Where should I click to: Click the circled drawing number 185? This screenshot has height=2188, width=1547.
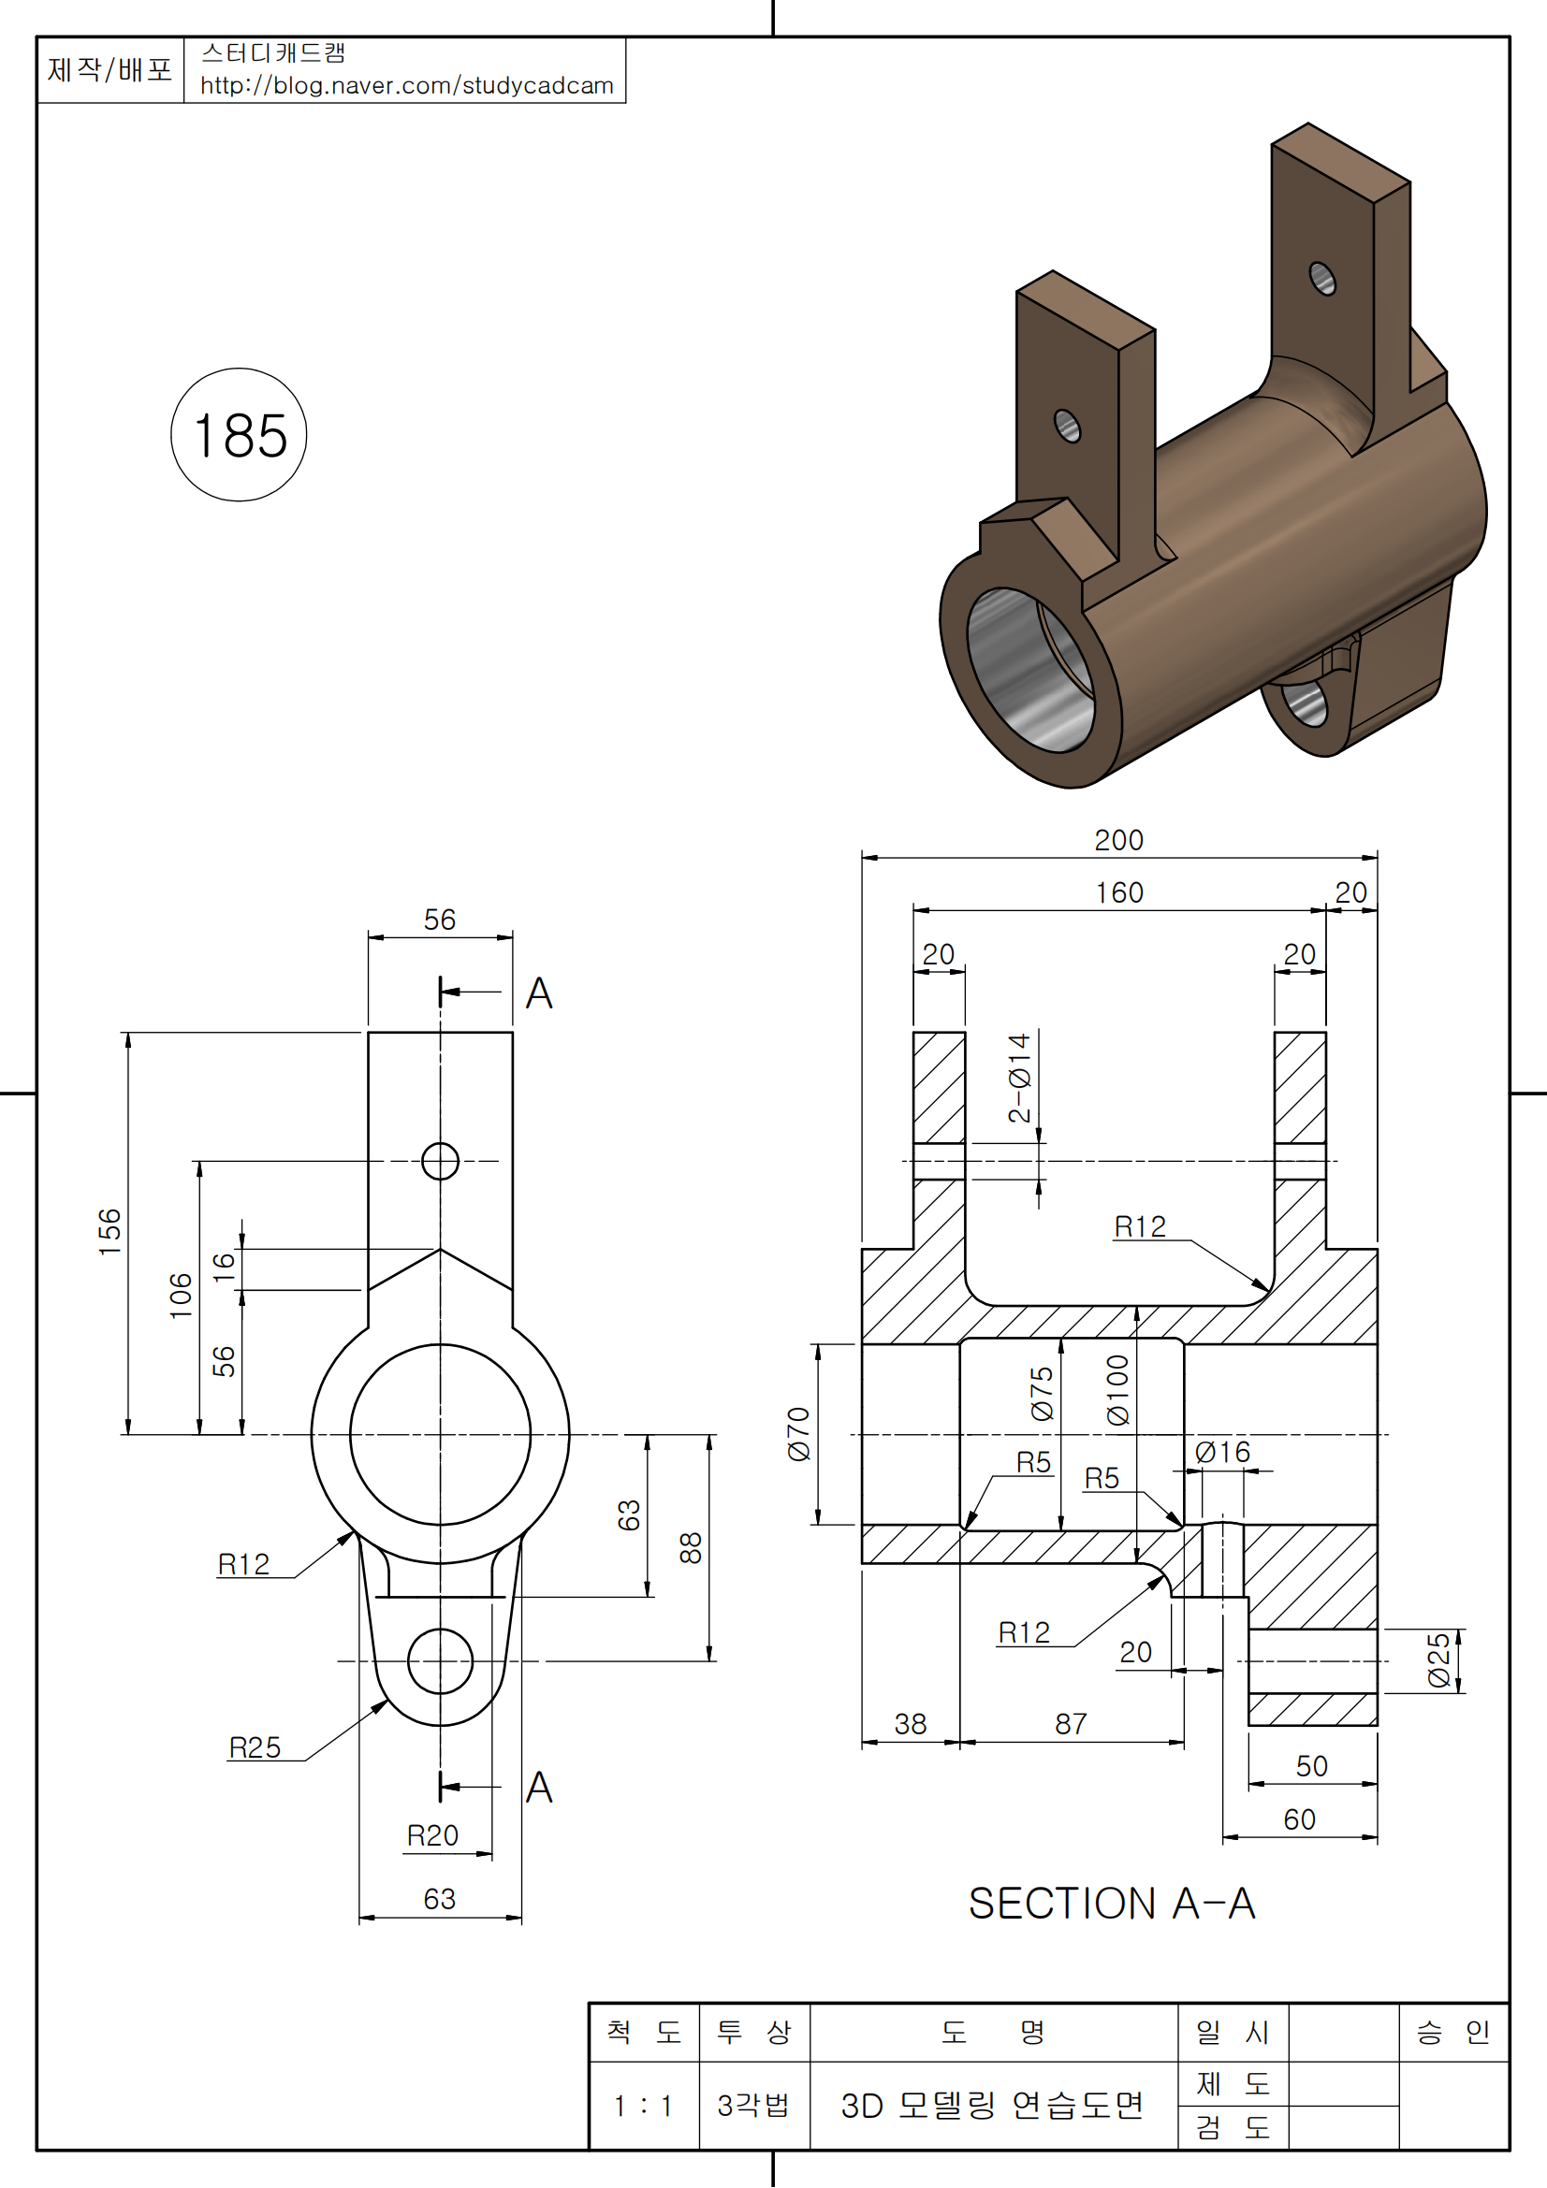click(x=240, y=436)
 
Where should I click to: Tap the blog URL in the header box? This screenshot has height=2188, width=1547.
click(x=406, y=86)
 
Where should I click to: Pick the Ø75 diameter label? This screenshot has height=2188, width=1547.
click(x=1043, y=1392)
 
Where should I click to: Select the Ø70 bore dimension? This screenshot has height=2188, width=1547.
click(x=798, y=1433)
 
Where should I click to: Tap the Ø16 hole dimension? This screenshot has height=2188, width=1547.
click(x=1222, y=1453)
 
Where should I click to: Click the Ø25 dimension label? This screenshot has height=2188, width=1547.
click(x=1439, y=1662)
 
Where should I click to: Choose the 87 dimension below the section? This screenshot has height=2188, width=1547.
click(x=1071, y=1723)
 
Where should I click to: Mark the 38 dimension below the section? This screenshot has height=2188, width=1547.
click(x=911, y=1723)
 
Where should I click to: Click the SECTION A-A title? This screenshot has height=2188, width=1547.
click(x=1112, y=1903)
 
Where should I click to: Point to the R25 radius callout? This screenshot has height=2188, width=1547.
click(x=255, y=1746)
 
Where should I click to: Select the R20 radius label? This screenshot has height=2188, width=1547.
click(x=432, y=1834)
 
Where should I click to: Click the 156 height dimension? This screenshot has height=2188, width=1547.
click(x=110, y=1230)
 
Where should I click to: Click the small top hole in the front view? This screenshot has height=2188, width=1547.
click(x=440, y=1161)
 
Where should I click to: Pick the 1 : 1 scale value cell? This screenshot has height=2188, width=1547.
click(x=643, y=2105)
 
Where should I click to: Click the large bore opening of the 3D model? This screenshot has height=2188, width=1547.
click(x=1029, y=668)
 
